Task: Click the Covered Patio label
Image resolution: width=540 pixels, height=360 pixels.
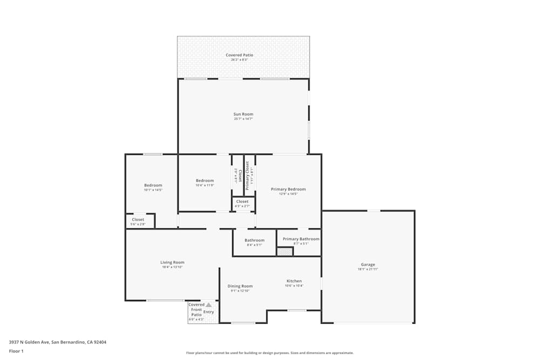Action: tap(239, 55)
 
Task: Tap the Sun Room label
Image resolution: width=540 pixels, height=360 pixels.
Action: tap(243, 114)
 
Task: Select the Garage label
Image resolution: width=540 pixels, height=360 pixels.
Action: tap(368, 265)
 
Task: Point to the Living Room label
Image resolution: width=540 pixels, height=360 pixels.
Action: tap(172, 263)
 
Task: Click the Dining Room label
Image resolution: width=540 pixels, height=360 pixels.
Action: tap(240, 287)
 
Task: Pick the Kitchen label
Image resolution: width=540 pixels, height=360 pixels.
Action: tap(294, 281)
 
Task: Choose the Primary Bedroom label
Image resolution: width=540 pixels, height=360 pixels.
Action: tap(288, 189)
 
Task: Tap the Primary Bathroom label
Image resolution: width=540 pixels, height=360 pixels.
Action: tap(301, 239)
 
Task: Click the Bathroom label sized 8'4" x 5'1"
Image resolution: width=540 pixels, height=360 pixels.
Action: tap(254, 240)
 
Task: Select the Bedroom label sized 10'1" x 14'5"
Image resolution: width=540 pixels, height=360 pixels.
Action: tap(153, 186)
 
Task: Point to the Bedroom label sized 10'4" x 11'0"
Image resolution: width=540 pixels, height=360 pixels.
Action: tap(205, 181)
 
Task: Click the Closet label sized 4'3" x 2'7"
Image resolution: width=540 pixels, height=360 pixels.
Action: tap(242, 202)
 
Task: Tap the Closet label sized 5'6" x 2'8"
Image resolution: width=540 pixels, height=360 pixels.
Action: tap(138, 220)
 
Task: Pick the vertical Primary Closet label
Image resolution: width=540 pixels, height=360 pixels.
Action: tap(247, 176)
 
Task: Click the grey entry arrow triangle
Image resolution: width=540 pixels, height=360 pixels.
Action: tap(209, 305)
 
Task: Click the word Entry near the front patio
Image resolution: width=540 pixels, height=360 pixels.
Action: tap(208, 312)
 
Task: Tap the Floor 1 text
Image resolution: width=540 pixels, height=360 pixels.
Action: tap(16, 351)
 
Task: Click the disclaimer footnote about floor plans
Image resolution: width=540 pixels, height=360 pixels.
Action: tap(270, 352)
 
